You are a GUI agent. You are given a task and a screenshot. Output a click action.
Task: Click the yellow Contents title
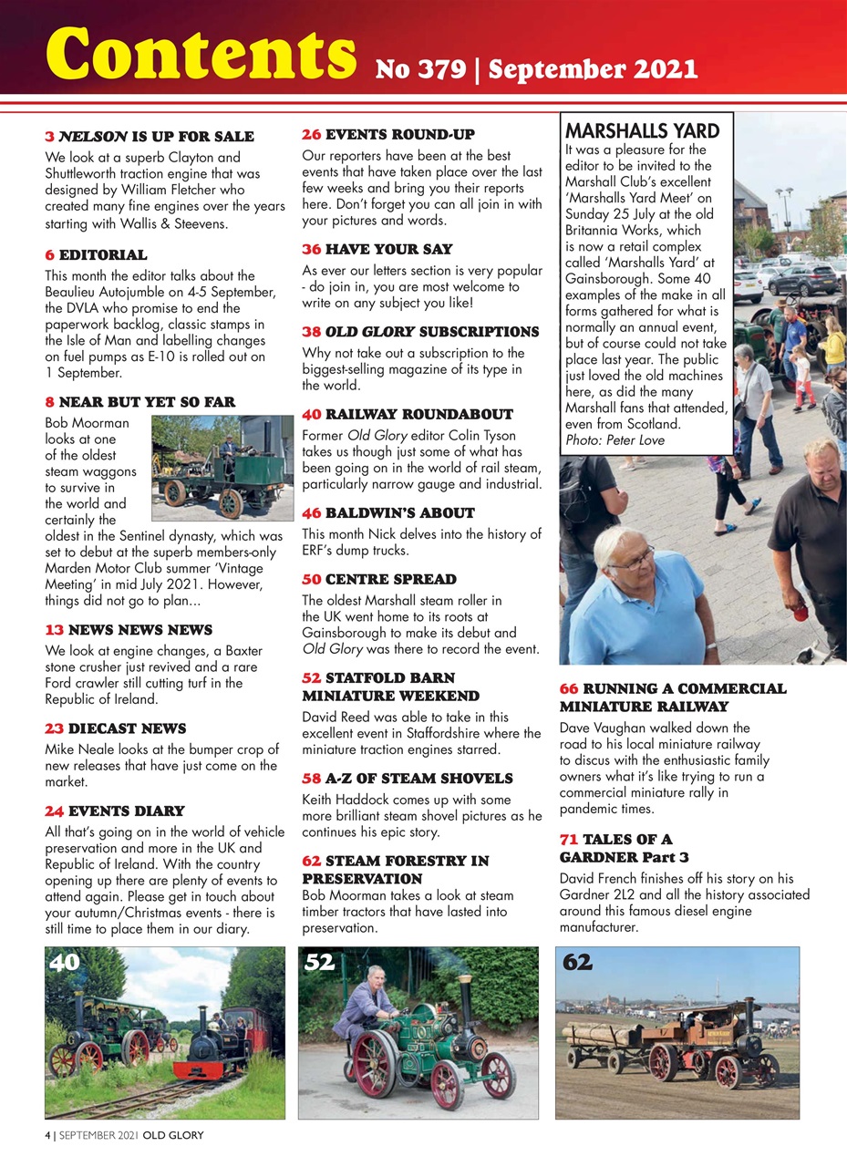pyautogui.click(x=201, y=53)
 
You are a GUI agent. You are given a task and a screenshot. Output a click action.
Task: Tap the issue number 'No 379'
pyautogui.click(x=418, y=69)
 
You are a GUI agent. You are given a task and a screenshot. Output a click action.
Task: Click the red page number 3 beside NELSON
pyautogui.click(x=49, y=137)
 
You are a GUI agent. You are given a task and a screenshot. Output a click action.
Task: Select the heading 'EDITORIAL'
pyautogui.click(x=103, y=255)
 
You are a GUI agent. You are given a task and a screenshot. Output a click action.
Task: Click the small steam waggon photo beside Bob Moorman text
pyautogui.click(x=222, y=468)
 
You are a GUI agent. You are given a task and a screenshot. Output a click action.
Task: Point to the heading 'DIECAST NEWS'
pyautogui.click(x=127, y=728)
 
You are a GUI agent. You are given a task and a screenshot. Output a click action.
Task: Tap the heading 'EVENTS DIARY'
pyautogui.click(x=126, y=811)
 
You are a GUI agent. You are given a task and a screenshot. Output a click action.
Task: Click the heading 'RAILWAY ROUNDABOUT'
pyautogui.click(x=407, y=414)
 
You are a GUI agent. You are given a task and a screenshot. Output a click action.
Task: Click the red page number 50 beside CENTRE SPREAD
pyautogui.click(x=311, y=579)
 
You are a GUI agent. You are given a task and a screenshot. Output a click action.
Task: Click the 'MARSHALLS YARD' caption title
pyautogui.click(x=642, y=130)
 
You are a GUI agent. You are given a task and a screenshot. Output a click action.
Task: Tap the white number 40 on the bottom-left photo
pyautogui.click(x=66, y=963)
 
